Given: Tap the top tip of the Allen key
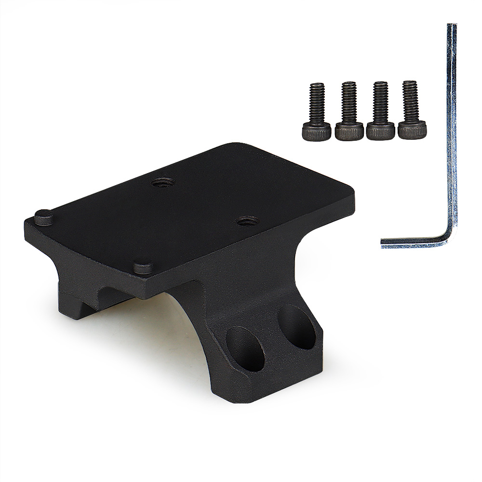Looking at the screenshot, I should (452, 26).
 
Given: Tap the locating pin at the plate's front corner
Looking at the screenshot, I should (143, 266).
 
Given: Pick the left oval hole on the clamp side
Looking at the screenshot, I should (244, 348).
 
